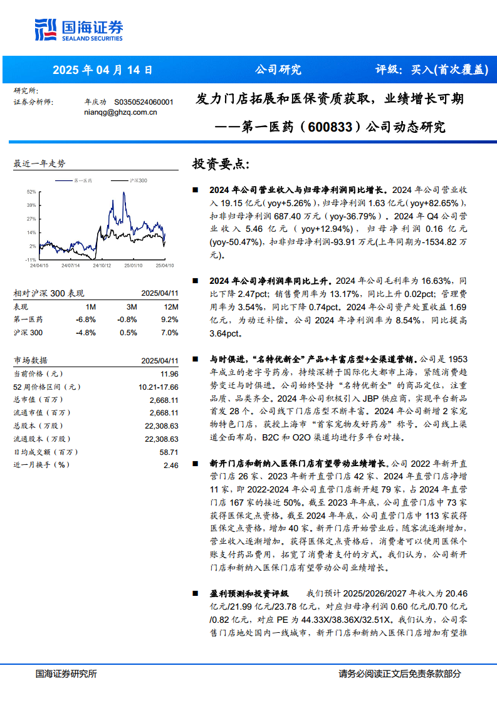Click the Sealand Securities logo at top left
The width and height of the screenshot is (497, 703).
[x=78, y=29]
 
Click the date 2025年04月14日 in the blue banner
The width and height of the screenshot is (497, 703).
[x=102, y=70]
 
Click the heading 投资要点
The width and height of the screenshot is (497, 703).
[x=220, y=165]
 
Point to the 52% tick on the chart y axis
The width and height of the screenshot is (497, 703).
[x=31, y=191]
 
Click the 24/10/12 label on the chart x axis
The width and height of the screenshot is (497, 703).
[x=102, y=266]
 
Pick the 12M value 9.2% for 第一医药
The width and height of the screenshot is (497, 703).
[x=169, y=319]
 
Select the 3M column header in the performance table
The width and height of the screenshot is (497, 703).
[x=132, y=306]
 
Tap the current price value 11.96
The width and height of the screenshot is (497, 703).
[x=169, y=373]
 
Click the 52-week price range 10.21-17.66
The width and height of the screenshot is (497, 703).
[x=159, y=387]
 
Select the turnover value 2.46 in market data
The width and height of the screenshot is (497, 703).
[x=170, y=465]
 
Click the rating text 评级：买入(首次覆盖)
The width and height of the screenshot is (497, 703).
[x=431, y=70]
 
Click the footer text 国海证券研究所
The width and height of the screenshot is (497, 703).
[x=66, y=674]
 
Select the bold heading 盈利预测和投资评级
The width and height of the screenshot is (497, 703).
[x=249, y=593]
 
